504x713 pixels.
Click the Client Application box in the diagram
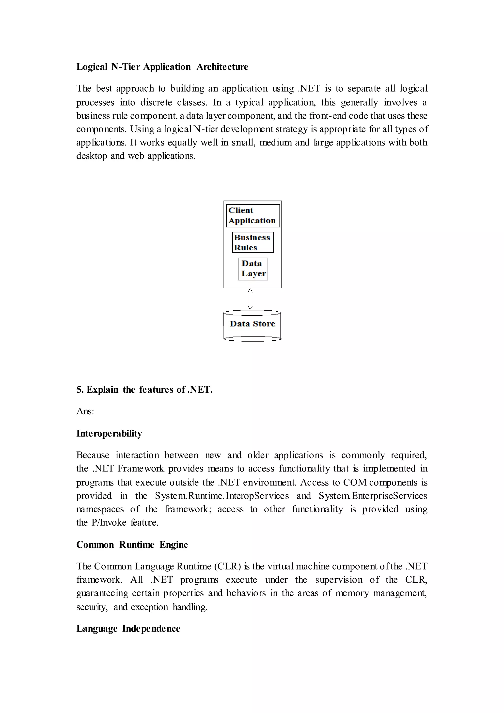(x=253, y=215)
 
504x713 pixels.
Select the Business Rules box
(x=253, y=242)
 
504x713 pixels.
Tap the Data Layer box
(x=253, y=269)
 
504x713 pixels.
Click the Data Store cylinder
(x=252, y=325)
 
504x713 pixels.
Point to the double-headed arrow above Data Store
(x=250, y=299)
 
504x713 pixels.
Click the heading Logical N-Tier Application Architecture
(x=162, y=67)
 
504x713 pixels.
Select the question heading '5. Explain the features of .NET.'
(x=144, y=389)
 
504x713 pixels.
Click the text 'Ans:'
(x=85, y=411)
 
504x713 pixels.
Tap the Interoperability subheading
(x=109, y=433)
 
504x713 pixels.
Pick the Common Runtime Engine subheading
(x=132, y=544)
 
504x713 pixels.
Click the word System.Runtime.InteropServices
(x=222, y=496)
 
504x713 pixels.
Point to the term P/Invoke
(x=109, y=522)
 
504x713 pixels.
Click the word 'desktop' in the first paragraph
(x=92, y=156)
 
